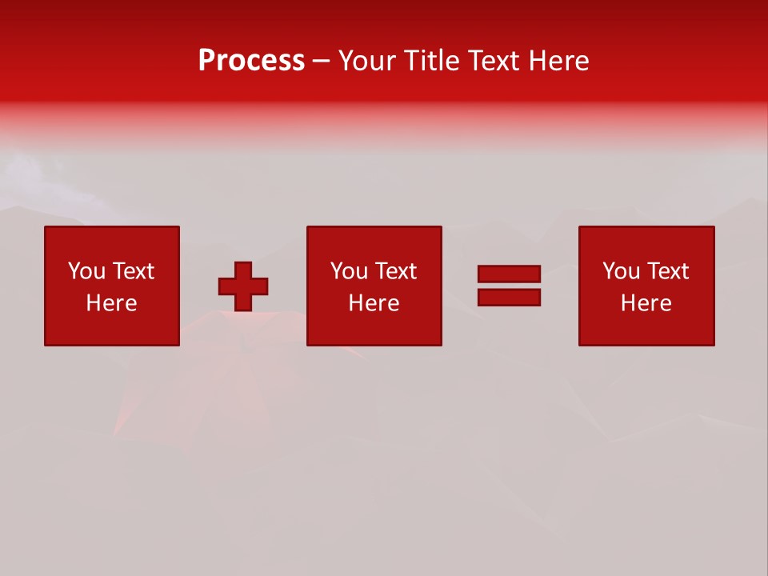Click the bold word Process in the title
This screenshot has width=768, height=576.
coord(251,61)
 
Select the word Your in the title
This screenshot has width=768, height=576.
coord(366,61)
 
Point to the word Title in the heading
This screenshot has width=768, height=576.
coord(430,61)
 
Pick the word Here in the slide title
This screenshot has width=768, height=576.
coord(561,61)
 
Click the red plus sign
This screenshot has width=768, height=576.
coord(243,286)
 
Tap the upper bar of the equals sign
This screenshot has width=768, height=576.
coord(509,274)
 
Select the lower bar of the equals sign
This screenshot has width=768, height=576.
coord(509,297)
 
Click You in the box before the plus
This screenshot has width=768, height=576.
coord(86,271)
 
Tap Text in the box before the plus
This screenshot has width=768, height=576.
coord(132,271)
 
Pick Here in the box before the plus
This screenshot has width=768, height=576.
coord(111,303)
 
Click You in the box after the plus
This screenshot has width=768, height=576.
coord(349,271)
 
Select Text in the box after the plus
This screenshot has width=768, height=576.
coord(394,271)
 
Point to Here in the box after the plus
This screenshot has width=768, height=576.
coord(374,303)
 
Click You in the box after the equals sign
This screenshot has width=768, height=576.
coord(621,271)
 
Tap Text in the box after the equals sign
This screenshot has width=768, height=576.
coord(666,271)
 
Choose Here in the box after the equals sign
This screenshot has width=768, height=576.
coord(646,303)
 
